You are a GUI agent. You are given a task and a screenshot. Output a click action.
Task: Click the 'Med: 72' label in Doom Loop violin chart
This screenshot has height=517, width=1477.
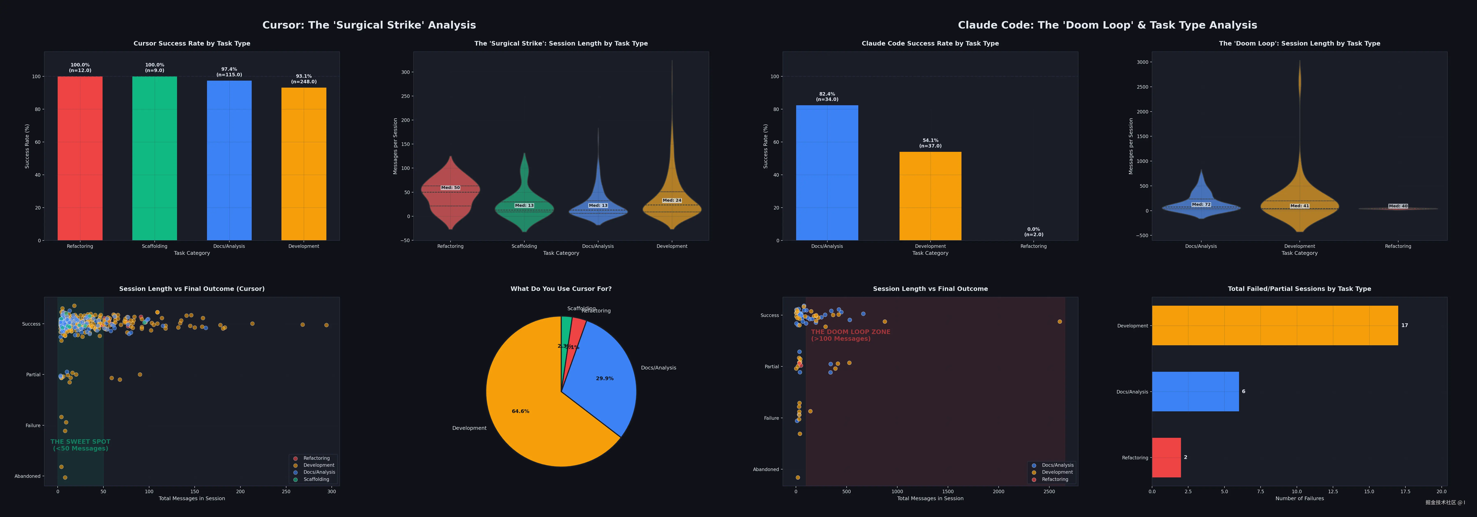pyautogui.click(x=1201, y=205)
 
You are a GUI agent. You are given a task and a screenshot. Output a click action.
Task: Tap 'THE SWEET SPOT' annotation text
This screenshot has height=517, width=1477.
pyautogui.click(x=80, y=445)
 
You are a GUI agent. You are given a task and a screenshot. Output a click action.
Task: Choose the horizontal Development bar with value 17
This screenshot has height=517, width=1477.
pyautogui.click(x=1274, y=326)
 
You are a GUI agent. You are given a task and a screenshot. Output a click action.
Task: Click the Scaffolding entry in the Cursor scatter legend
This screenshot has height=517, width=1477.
pyautogui.click(x=316, y=479)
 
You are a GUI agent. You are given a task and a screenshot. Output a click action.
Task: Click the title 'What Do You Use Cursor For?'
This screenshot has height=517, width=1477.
pyautogui.click(x=561, y=289)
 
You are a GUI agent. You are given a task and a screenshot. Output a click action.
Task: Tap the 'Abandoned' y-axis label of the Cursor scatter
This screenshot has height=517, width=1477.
pyautogui.click(x=27, y=476)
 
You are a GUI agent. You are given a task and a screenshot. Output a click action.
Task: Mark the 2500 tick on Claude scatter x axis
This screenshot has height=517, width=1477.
pyautogui.click(x=1049, y=491)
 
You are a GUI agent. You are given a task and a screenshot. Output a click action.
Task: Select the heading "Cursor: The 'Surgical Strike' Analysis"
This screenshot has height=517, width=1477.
pyautogui.click(x=369, y=25)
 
